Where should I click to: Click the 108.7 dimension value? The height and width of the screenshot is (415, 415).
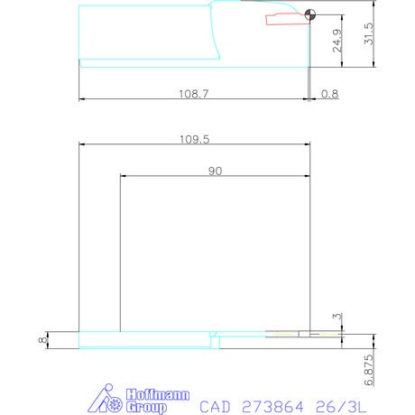[x=193, y=94]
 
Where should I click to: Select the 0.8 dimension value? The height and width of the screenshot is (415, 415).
[x=329, y=94]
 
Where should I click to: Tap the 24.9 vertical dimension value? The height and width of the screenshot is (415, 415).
[x=337, y=41]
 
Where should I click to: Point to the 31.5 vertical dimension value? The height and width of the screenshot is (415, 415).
[x=369, y=33]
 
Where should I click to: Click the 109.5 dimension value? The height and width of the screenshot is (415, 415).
[x=194, y=139]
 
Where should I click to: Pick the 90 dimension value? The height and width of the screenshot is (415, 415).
[x=216, y=171]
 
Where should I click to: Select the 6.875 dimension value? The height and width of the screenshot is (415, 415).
[x=369, y=370]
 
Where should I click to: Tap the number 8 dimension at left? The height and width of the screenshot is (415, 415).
[x=43, y=340]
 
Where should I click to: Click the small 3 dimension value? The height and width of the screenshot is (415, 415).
[x=337, y=317]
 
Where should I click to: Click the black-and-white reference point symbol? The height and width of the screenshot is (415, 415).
[x=310, y=14]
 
